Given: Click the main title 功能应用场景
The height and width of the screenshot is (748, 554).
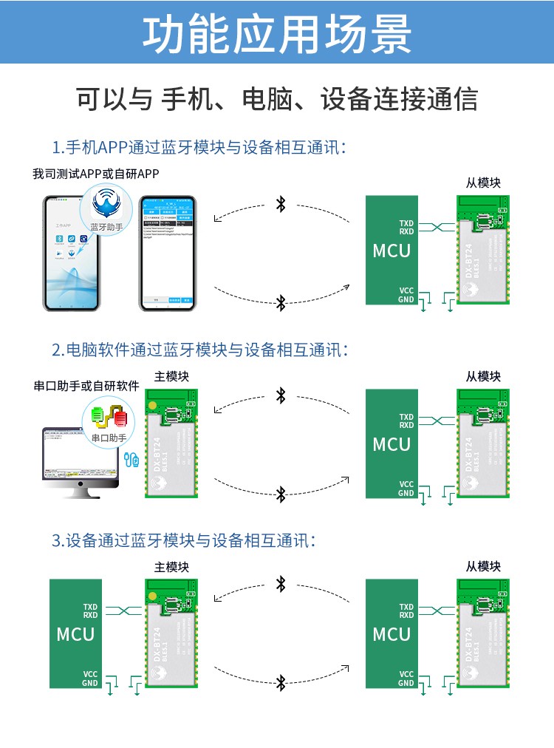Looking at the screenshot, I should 277,33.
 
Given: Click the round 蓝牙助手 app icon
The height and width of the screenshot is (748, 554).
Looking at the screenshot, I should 106,209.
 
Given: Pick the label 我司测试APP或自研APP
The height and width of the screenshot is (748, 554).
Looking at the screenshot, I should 96,174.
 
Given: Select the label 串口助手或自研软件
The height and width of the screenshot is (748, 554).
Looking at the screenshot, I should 86,386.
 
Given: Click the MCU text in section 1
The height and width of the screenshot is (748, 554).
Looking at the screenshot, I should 391,251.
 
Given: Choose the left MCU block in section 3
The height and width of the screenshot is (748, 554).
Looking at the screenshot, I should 75,633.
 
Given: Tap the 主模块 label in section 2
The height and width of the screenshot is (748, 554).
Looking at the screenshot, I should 171,376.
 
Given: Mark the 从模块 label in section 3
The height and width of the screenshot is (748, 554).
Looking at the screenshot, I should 483,566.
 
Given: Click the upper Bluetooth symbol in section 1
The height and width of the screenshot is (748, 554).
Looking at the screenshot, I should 281,204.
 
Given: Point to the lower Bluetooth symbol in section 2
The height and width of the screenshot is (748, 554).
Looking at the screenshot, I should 281,493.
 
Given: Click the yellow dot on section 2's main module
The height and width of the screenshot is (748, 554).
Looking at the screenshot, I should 152,406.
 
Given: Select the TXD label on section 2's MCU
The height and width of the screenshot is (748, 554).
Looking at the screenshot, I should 406,417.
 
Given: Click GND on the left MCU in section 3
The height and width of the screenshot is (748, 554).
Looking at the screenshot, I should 90,683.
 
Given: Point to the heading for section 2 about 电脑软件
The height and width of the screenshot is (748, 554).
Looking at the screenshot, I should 199,350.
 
